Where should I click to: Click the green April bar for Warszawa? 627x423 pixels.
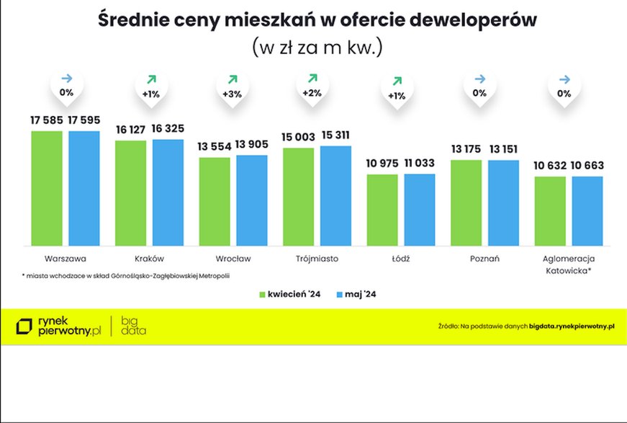[x=47, y=188]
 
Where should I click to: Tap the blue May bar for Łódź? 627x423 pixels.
[x=420, y=210]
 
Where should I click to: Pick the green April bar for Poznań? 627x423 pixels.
[x=466, y=202]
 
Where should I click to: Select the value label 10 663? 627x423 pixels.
[x=587, y=166]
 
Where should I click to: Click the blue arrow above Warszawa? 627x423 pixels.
[x=66, y=78]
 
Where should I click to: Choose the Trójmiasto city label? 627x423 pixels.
[x=317, y=258]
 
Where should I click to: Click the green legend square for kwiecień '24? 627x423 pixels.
[x=263, y=295]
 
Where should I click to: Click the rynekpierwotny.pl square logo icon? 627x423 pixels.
[x=25, y=326]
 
